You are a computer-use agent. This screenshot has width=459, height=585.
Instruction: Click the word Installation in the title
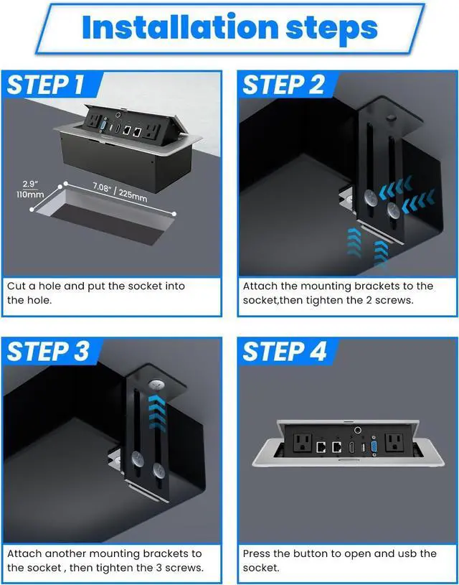point(180,27)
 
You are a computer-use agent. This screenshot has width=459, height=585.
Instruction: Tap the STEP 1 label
point(45,85)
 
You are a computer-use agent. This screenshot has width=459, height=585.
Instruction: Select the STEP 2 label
point(283,85)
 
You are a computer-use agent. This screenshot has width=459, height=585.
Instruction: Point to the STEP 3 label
point(48,352)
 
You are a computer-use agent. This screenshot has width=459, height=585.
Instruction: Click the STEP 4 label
point(285,352)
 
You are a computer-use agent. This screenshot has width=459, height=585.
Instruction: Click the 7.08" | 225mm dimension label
point(119,192)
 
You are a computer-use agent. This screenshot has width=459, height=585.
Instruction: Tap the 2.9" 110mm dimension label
point(30,189)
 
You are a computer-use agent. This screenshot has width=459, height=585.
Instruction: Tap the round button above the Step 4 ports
point(358,430)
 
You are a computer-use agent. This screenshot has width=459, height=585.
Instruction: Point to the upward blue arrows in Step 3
point(157,413)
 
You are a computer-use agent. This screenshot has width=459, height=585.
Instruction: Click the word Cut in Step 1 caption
point(16,286)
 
